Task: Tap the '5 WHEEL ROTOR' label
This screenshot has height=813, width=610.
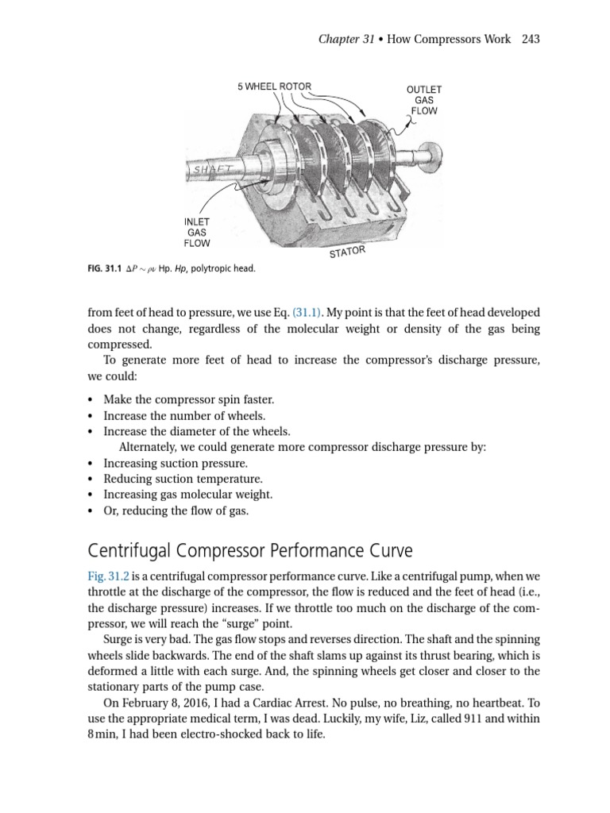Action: point(274,86)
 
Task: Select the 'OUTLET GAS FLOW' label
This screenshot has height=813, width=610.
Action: point(423,101)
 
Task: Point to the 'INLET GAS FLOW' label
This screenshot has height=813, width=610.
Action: point(196,232)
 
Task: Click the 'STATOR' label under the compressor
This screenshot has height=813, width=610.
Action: point(347,252)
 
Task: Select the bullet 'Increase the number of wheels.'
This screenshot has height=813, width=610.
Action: point(184,415)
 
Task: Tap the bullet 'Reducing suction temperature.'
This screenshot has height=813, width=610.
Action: point(183,479)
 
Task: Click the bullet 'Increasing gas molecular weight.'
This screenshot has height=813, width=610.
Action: point(188,495)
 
